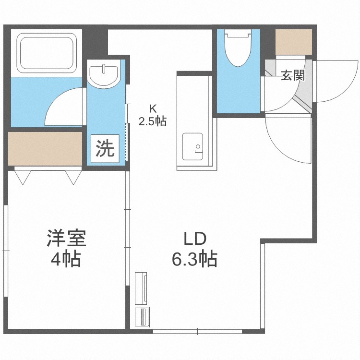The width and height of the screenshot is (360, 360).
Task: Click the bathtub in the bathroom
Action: (47, 53)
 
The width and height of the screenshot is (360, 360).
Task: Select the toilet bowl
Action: (238, 48)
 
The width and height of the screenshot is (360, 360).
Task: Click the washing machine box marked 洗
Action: (105, 148)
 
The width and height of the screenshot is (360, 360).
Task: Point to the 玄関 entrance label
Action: (293, 75)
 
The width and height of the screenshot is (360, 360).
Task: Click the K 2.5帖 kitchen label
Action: (153, 115)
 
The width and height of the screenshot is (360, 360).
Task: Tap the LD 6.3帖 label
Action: (195, 249)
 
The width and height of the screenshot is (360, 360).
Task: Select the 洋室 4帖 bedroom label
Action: (66, 248)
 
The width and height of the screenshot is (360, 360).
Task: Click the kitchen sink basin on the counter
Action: (192, 146)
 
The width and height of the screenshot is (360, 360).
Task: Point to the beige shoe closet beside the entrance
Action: (294, 42)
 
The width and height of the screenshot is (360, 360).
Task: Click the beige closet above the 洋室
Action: (45, 148)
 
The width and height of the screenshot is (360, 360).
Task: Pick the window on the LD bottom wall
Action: (197, 331)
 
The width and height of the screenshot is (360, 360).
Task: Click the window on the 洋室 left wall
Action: (6, 251)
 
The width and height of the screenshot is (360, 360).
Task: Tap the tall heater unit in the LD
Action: (141, 288)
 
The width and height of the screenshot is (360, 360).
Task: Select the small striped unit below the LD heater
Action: (143, 317)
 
